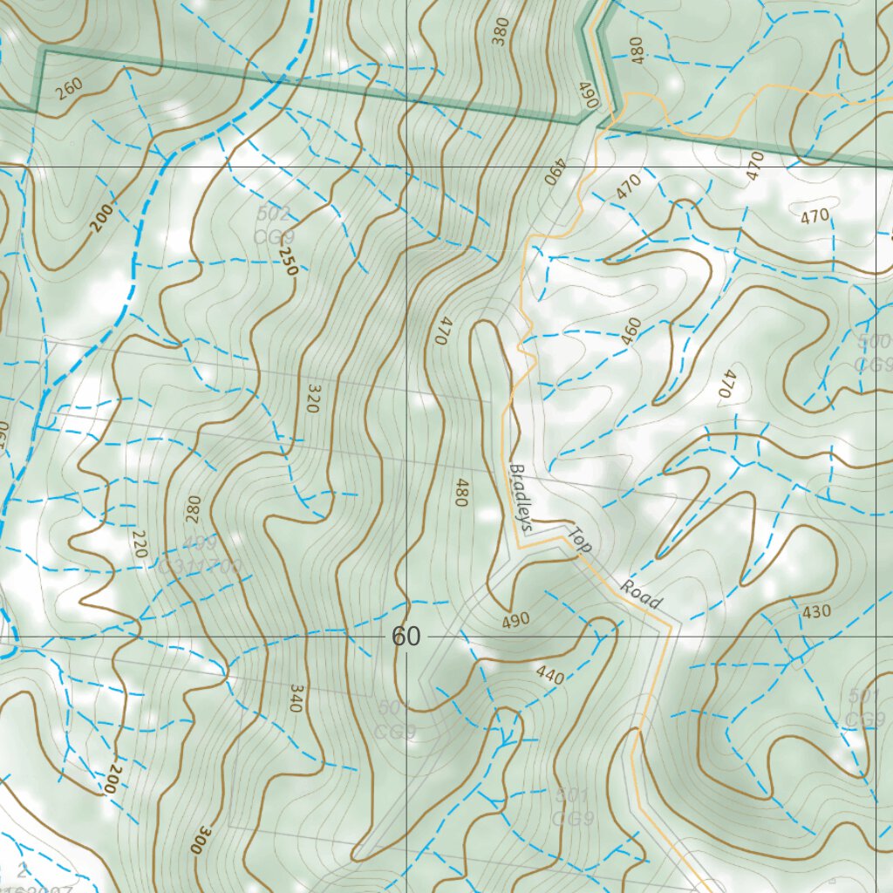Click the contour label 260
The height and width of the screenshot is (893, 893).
[x=70, y=87]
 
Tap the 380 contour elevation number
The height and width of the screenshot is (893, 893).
[x=501, y=31]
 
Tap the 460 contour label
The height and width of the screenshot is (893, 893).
[x=631, y=331]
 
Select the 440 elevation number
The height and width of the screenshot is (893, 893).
[x=550, y=674]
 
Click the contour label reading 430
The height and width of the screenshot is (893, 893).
[x=816, y=612]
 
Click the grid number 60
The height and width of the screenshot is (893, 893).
[x=406, y=637]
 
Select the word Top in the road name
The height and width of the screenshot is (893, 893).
[x=581, y=542]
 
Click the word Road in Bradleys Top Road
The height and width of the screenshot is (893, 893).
[x=641, y=594]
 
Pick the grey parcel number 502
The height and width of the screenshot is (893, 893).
[x=274, y=214]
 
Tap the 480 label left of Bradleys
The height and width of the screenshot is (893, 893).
[x=461, y=492]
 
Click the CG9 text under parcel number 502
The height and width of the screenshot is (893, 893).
[x=274, y=236]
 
